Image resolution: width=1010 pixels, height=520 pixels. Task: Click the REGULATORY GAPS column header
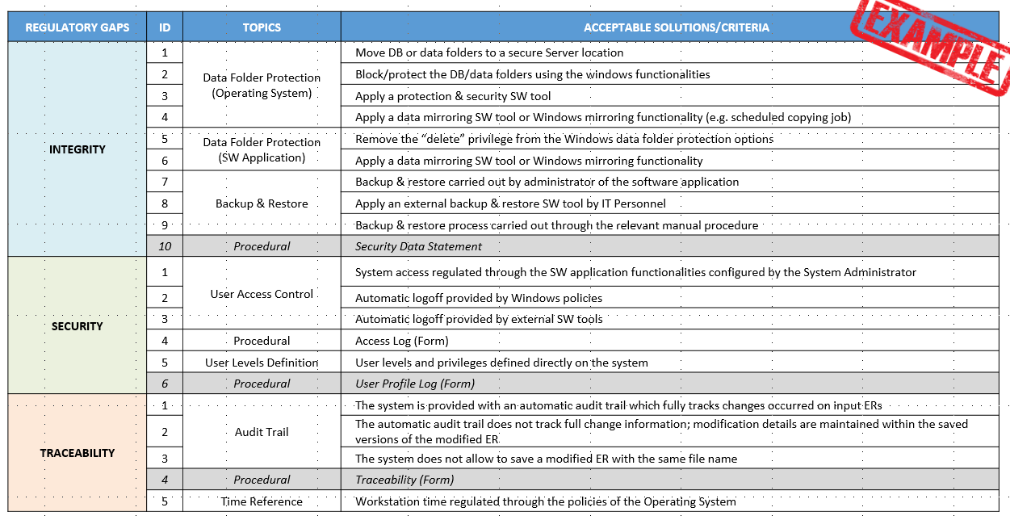click(x=78, y=27)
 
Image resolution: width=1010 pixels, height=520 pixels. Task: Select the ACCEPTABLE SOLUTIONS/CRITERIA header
click(x=676, y=27)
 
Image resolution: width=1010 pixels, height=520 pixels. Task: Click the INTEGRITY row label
click(x=78, y=149)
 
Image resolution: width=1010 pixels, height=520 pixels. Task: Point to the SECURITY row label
click(x=78, y=326)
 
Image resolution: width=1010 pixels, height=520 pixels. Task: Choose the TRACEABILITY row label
click(x=78, y=453)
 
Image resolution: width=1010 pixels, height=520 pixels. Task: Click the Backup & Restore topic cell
click(x=262, y=203)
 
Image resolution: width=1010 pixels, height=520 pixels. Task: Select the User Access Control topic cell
click(x=262, y=294)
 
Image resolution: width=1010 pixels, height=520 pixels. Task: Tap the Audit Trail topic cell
click(x=262, y=432)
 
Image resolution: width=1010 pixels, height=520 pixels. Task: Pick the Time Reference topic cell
click(x=262, y=501)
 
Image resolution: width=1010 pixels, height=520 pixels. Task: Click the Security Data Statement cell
click(x=418, y=246)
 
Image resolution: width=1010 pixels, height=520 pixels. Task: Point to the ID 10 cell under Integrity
click(x=165, y=246)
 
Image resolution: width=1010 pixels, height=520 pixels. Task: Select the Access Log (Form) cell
click(x=401, y=341)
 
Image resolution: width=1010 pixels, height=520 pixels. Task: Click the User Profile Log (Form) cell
click(x=415, y=384)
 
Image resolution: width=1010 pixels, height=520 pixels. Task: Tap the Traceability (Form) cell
click(x=404, y=480)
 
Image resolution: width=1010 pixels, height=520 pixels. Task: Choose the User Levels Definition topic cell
click(x=262, y=363)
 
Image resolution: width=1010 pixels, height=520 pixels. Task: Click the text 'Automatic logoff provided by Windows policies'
click(x=479, y=298)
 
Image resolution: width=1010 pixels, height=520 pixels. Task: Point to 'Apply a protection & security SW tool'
click(x=453, y=96)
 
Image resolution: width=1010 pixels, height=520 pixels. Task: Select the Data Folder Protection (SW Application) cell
click(x=262, y=150)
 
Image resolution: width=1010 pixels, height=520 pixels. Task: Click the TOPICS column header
click(x=262, y=27)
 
